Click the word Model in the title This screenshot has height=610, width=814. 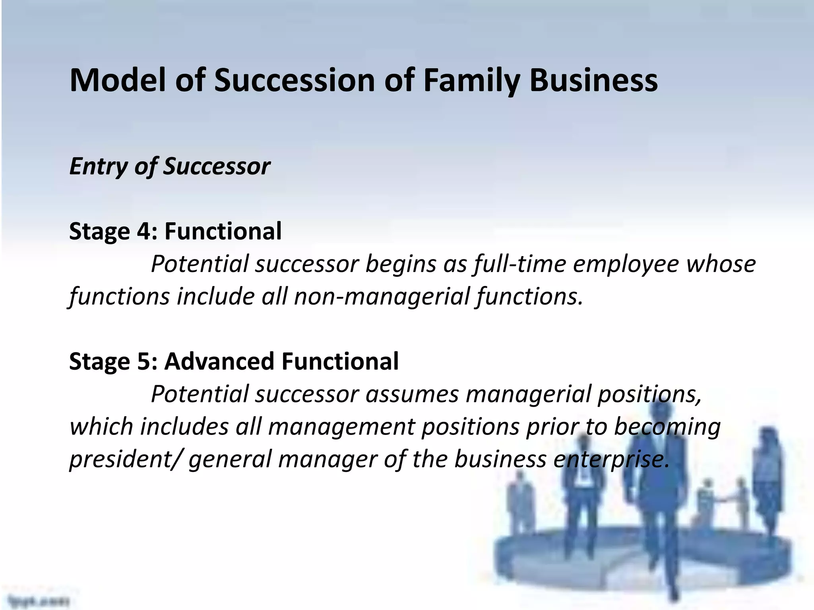pyautogui.click(x=119, y=81)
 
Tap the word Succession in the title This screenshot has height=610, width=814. pyautogui.click(x=295, y=81)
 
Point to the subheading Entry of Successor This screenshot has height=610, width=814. pyautogui.click(x=170, y=166)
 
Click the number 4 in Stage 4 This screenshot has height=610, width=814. pyautogui.click(x=143, y=231)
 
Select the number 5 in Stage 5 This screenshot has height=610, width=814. pyautogui.click(x=143, y=361)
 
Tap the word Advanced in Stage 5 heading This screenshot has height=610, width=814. pyautogui.click(x=219, y=361)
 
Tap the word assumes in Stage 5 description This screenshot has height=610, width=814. pyautogui.click(x=412, y=394)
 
